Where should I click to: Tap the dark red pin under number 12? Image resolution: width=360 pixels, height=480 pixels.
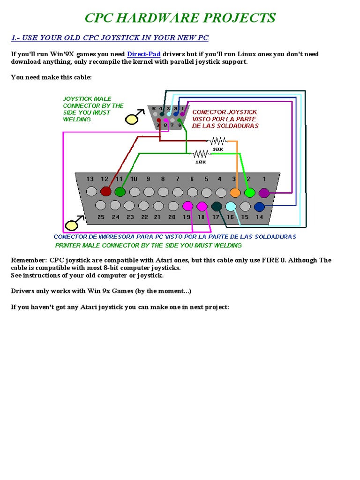tap(105, 191)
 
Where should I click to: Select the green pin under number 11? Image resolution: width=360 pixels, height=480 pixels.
tap(120, 191)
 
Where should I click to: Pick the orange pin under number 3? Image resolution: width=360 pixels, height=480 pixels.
tap(235, 192)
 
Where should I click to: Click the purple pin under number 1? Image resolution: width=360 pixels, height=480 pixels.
tap(264, 192)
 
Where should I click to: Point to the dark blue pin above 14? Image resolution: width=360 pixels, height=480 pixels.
tap(259, 206)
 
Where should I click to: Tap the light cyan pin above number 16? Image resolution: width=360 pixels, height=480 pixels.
tap(230, 206)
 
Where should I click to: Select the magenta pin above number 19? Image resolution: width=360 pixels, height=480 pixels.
tap(187, 206)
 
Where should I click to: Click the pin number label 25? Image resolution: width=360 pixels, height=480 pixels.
tap(101, 217)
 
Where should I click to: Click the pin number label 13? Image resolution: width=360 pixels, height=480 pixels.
tap(90, 179)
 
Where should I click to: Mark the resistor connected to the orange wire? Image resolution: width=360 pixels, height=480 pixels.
tap(218, 141)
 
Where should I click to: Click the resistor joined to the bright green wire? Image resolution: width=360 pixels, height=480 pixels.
tap(201, 154)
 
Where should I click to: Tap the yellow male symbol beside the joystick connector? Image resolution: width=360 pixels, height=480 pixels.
tap(132, 119)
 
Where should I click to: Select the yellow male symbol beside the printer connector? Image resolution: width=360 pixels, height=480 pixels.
tap(72, 225)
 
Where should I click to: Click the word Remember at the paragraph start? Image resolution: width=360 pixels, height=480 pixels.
tap(28, 260)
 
